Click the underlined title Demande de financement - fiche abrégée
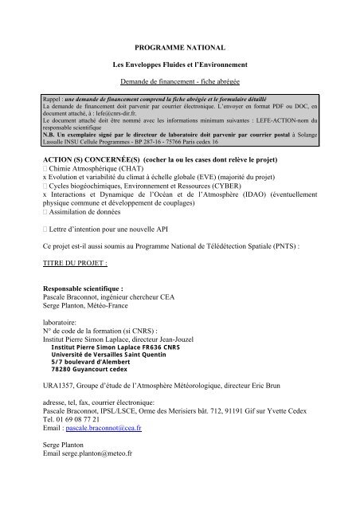(179, 82)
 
